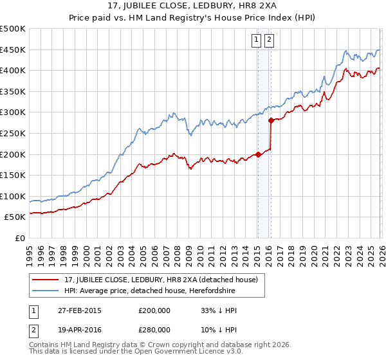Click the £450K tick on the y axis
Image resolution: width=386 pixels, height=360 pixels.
tap(13, 50)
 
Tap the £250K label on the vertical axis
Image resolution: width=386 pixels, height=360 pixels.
tap(13, 133)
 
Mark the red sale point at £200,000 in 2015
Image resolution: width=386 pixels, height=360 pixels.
tap(258, 154)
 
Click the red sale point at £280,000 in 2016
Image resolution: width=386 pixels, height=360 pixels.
tap(271, 120)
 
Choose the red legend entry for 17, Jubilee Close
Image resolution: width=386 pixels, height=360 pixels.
tap(161, 280)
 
